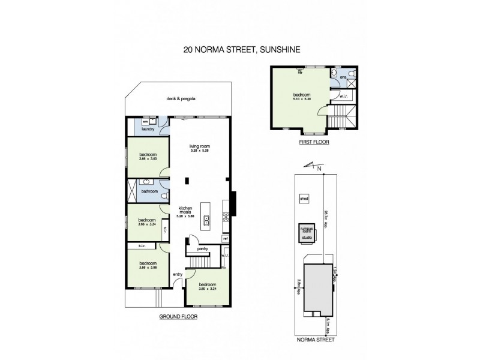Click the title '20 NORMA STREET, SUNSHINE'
tap(239, 53)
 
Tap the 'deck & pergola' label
tap(182, 99)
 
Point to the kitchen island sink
tap(207, 220)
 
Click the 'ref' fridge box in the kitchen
tap(226, 238)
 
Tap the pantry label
tap(202, 247)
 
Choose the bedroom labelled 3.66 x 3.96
tap(148, 265)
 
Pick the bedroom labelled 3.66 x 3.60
tap(148, 157)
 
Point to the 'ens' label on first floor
tap(343, 78)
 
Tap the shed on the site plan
tap(304, 197)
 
